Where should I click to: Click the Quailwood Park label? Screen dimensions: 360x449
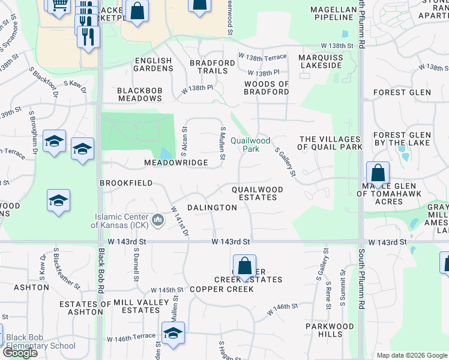tap(245, 145)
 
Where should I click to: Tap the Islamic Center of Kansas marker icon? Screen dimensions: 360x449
tap(158, 220)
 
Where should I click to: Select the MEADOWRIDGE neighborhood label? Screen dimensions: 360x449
tap(176, 163)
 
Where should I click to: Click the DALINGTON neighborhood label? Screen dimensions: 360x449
tap(212, 207)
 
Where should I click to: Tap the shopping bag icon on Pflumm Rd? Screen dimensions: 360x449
tap(378, 174)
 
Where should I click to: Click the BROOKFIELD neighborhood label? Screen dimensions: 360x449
tap(126, 183)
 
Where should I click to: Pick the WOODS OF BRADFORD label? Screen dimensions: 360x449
tap(267, 88)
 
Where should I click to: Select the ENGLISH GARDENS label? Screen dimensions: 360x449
tap(153, 65)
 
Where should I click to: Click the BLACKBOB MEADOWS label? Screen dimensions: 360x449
tap(140, 95)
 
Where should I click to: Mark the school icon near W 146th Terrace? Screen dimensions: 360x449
tap(173, 334)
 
